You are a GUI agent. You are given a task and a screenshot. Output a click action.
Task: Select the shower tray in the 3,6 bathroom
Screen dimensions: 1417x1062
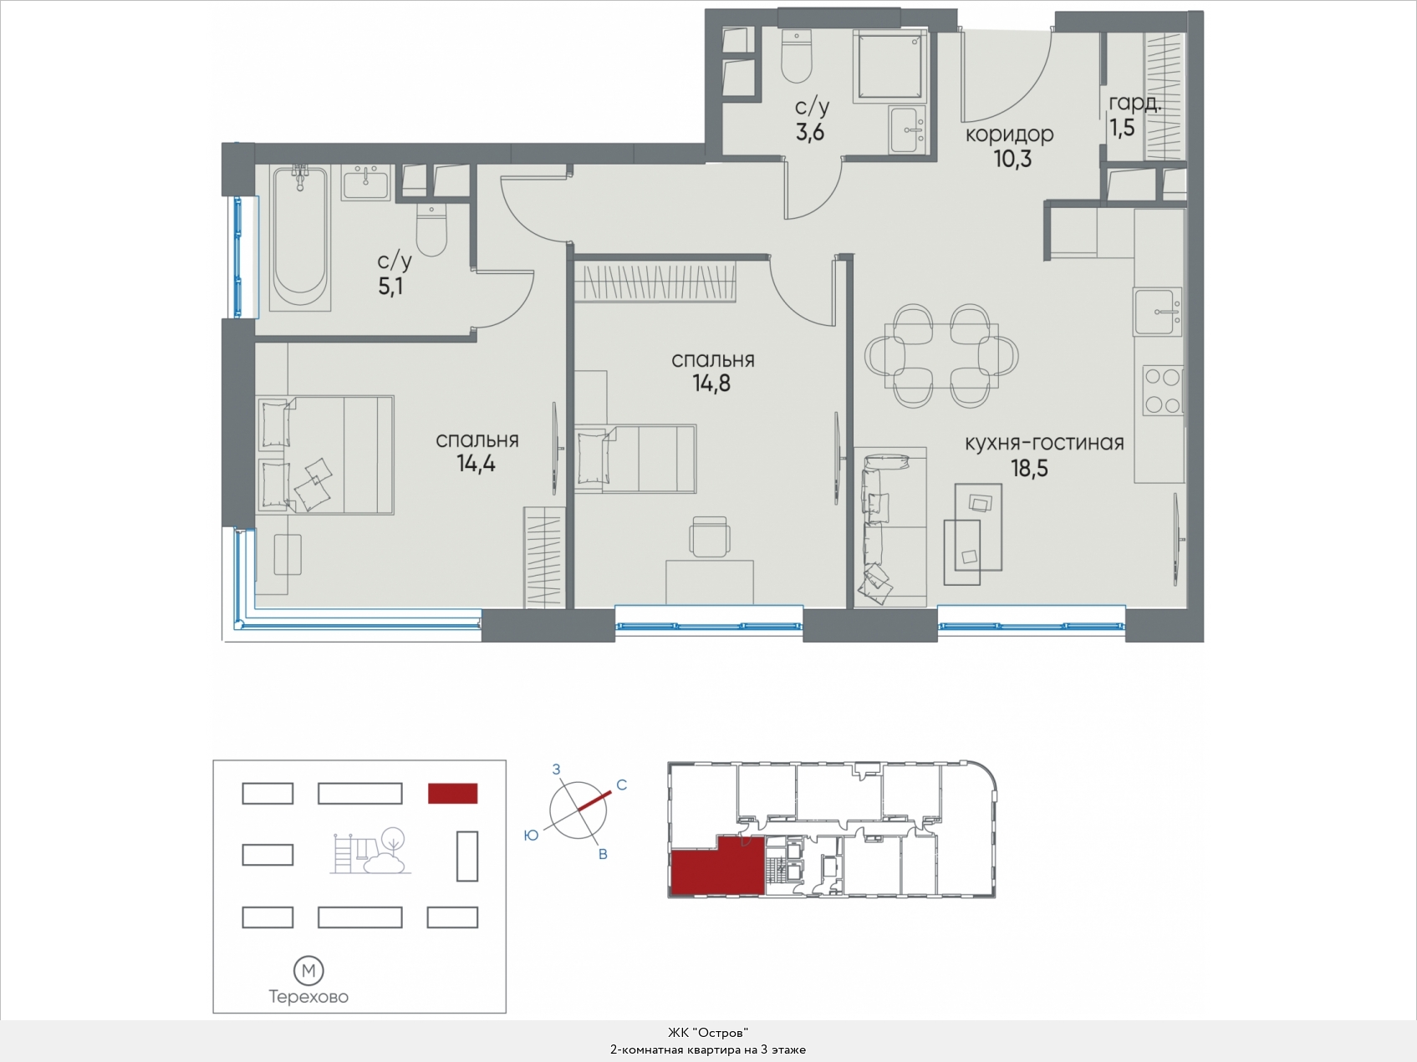(891, 66)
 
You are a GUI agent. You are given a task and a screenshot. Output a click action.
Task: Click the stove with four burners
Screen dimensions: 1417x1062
(1162, 390)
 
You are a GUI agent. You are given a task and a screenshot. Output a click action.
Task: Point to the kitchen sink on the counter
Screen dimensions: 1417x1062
(1158, 311)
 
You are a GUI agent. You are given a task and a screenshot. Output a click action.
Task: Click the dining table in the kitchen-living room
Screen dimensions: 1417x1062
(942, 356)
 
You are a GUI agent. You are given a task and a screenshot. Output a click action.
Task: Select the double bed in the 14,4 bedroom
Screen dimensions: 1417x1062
(324, 455)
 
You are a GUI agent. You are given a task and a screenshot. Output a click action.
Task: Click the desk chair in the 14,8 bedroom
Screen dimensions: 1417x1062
(710, 536)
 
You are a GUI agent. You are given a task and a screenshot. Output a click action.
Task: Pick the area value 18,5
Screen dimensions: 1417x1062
(1029, 469)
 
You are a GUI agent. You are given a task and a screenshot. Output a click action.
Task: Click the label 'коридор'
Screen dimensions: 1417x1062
(1009, 135)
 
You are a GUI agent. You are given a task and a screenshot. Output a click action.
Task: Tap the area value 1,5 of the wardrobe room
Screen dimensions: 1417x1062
(1122, 128)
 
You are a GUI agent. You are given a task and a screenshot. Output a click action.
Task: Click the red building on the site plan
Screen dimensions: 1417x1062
(452, 793)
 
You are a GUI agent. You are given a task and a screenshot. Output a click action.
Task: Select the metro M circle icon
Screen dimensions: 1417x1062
(308, 971)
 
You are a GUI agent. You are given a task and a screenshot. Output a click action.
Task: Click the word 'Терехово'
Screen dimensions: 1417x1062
(308, 997)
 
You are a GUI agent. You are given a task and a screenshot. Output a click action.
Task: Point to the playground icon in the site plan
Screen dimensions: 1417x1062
(370, 851)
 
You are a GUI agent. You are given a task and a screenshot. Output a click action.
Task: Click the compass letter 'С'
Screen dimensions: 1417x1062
(621, 785)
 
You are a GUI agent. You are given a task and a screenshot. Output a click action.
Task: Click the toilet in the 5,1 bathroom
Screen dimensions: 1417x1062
(431, 230)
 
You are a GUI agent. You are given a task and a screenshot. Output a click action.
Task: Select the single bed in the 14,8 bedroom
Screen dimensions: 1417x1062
(636, 458)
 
